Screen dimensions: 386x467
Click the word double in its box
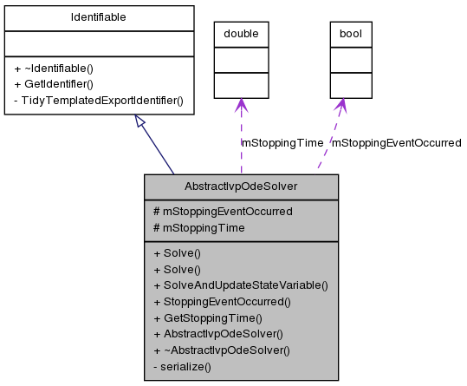241,34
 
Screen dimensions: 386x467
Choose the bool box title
350,34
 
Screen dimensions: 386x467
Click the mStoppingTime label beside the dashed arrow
282,142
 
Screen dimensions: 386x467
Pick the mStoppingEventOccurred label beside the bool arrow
398,142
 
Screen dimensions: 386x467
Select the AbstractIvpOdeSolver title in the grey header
240,186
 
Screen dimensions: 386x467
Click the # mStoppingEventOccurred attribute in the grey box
222,211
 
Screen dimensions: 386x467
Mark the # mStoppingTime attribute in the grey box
198,227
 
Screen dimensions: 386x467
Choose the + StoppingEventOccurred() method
221,302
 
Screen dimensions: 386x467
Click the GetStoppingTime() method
207,318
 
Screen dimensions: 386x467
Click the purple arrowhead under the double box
241,104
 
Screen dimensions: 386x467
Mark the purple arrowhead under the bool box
343,105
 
